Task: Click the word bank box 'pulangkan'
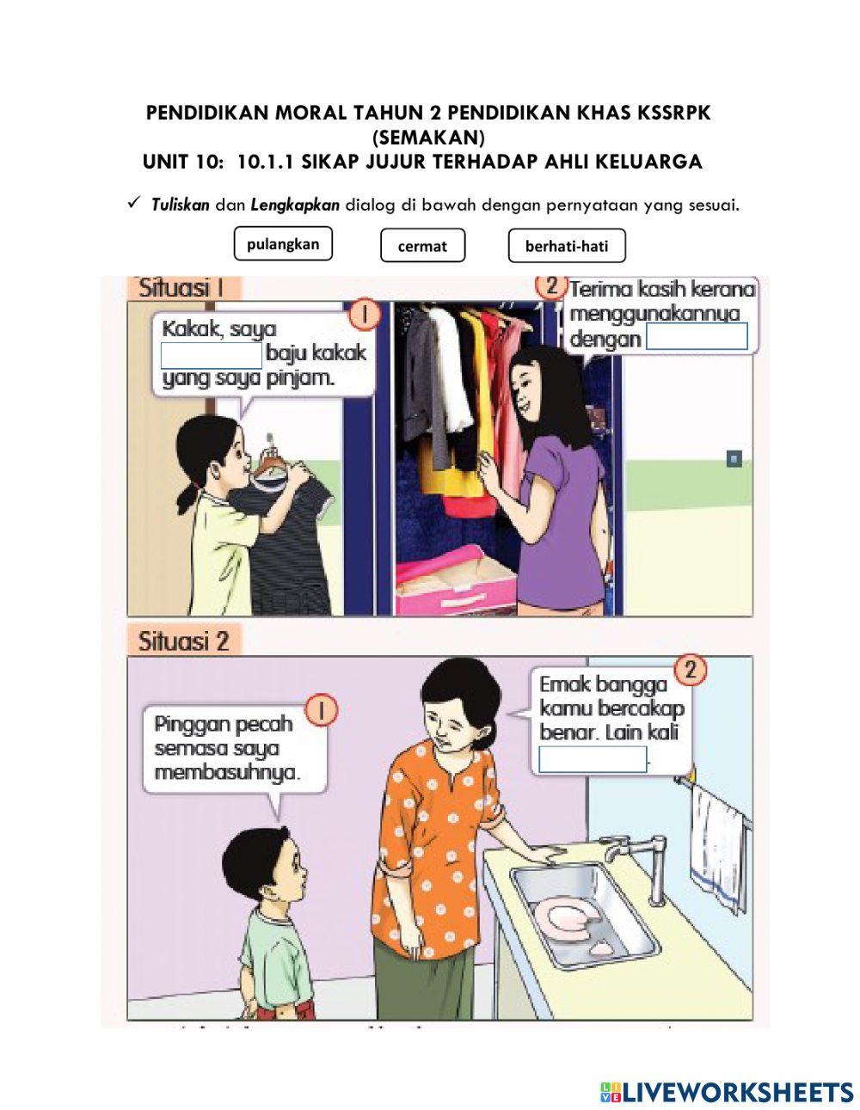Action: [283, 243]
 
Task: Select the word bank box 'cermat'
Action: [422, 246]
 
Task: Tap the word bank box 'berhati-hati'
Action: [567, 246]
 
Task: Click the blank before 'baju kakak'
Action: [212, 356]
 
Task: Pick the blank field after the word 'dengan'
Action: [697, 336]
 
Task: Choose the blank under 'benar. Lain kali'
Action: [593, 759]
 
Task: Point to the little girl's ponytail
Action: [189, 497]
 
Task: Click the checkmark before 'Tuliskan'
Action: [134, 204]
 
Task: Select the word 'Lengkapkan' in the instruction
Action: [295, 205]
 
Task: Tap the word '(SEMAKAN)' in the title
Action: [429, 138]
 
